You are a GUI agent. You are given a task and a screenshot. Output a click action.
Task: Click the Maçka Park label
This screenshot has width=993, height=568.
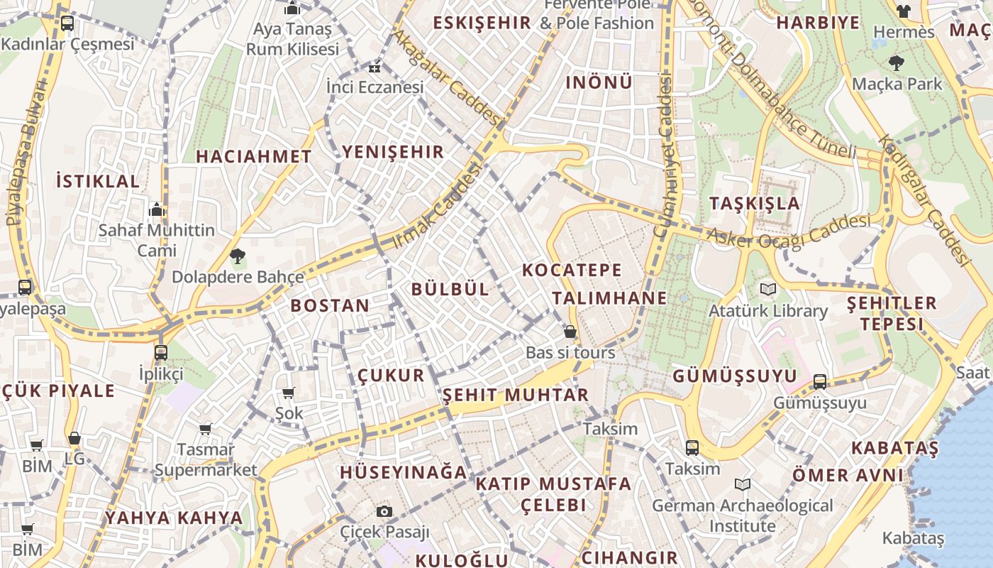(x=897, y=84)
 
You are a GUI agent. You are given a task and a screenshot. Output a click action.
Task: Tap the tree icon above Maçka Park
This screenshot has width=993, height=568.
(x=897, y=63)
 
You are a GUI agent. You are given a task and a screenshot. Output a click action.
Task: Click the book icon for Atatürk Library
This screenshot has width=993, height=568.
(x=768, y=290)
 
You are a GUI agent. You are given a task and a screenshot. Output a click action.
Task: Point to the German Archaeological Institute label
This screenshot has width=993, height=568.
(x=743, y=515)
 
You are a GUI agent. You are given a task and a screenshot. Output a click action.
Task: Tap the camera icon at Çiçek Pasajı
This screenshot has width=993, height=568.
(x=384, y=511)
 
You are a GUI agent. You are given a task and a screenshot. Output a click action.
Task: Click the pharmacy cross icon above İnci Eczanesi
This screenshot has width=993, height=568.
(x=375, y=68)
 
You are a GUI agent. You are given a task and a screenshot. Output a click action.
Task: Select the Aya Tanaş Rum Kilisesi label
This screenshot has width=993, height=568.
(x=292, y=39)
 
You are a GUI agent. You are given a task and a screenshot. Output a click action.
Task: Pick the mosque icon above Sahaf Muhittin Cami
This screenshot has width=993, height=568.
(x=157, y=209)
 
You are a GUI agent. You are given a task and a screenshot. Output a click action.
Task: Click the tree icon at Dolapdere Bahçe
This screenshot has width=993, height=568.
(x=237, y=256)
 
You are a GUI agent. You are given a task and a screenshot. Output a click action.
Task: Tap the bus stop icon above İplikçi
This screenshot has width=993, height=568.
(x=161, y=352)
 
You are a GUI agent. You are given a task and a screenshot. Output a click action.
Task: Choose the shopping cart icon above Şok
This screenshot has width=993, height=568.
(x=289, y=393)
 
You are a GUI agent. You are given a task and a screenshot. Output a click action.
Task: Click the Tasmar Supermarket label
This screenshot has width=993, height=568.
(x=206, y=459)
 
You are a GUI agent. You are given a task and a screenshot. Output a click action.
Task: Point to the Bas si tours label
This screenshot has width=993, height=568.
(x=570, y=352)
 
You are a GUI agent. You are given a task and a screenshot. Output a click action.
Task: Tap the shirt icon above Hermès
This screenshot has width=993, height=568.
(x=904, y=11)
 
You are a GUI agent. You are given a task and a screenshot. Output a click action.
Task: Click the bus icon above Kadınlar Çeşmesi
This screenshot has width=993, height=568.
(x=67, y=23)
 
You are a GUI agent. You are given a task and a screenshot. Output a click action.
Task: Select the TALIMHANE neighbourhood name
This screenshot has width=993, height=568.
(x=609, y=298)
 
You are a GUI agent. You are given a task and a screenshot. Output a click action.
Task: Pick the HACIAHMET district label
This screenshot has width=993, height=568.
(x=253, y=156)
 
